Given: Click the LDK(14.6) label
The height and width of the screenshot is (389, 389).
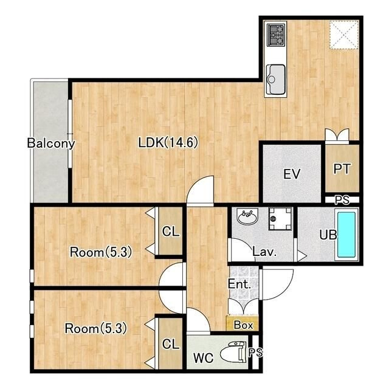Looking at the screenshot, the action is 168,143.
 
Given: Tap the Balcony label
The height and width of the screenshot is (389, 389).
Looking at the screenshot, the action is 51,143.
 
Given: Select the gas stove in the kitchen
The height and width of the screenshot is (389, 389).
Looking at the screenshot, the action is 275,35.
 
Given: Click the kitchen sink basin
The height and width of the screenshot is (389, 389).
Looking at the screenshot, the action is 275,80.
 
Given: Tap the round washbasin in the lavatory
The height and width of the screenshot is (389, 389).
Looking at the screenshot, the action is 247,216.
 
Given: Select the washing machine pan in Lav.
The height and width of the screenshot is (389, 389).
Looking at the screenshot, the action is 280,219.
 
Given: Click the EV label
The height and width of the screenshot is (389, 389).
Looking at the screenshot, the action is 292,174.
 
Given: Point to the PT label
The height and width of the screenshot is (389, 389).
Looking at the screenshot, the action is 342,169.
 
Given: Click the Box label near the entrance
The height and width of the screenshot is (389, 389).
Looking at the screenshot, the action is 243,325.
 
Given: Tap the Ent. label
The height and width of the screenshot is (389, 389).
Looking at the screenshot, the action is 239,284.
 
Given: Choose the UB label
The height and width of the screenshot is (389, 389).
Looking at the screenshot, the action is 328,235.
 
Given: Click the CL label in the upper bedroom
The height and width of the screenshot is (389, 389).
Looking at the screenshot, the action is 170,232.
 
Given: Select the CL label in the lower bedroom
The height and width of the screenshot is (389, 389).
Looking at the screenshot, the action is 170,344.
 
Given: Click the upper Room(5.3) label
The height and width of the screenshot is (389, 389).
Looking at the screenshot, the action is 101,252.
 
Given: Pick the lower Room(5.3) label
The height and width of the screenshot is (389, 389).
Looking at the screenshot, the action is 96,328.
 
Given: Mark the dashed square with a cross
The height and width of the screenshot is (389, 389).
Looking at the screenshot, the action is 344,35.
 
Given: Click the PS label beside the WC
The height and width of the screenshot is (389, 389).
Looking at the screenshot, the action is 255,353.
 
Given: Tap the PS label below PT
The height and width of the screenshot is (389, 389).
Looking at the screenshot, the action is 342,200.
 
